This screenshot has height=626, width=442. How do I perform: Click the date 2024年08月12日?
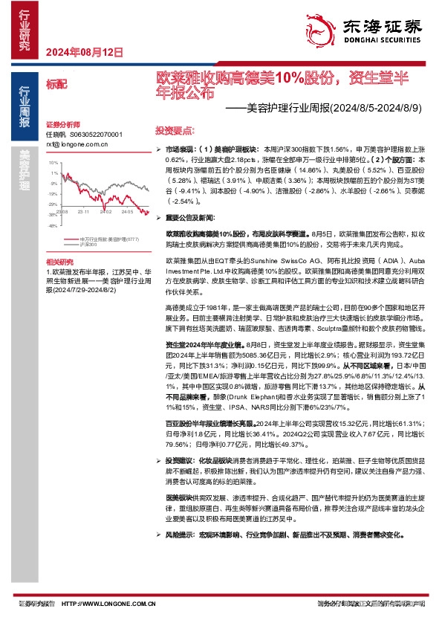[x=84, y=52]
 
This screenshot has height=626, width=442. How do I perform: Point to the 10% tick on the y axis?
[x=53, y=162]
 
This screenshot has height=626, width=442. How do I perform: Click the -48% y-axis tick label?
[x=53, y=225]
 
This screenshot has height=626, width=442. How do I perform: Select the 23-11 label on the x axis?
[x=83, y=211]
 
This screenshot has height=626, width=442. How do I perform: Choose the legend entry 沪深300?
[x=88, y=244]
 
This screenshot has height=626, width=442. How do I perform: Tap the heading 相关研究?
[x=60, y=262]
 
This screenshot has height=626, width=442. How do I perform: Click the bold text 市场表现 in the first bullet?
[x=179, y=149]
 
